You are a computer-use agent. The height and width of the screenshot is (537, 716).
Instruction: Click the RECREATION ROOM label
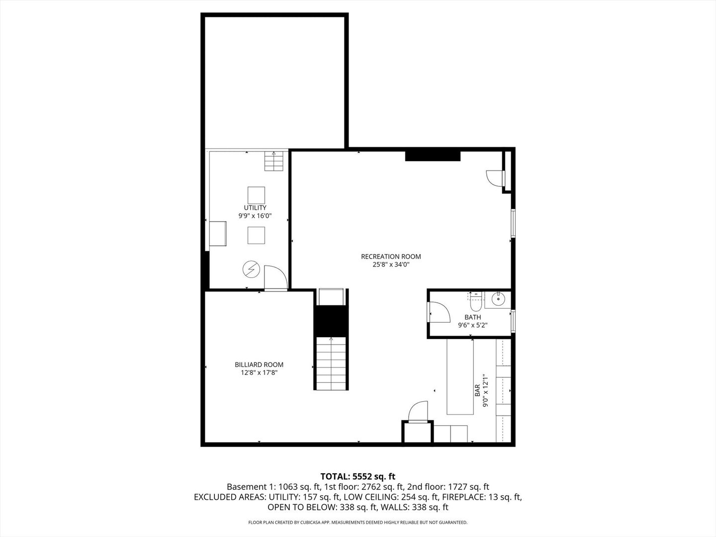[391, 257]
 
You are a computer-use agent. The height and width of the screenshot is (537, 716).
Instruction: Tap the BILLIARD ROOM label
[259, 364]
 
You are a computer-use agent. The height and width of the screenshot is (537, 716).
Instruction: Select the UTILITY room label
[255, 207]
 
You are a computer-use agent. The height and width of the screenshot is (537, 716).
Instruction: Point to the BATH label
[472, 317]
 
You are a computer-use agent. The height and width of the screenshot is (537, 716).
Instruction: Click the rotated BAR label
[477, 390]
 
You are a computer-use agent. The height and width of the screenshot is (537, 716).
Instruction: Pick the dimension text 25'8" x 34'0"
[391, 265]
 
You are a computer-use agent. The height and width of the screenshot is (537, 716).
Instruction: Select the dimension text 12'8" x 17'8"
[259, 372]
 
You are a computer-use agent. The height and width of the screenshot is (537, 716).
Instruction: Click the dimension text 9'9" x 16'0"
[255, 216]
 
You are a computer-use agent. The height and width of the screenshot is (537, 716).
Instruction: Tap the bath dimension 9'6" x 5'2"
[472, 326]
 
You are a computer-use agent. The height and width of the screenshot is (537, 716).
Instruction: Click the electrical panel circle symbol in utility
[251, 269]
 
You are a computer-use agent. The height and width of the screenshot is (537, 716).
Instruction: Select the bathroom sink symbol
[497, 299]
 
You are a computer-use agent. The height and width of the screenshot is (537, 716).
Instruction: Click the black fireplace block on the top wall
[433, 156]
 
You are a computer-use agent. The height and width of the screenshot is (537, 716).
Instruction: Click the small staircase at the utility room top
[273, 161]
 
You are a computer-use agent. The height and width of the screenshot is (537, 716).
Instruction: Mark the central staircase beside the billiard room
[331, 363]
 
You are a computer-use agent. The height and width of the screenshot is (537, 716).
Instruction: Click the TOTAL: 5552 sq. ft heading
[358, 476]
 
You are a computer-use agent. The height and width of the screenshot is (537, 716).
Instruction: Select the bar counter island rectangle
[460, 376]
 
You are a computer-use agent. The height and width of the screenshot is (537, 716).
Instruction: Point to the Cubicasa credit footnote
[358, 523]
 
